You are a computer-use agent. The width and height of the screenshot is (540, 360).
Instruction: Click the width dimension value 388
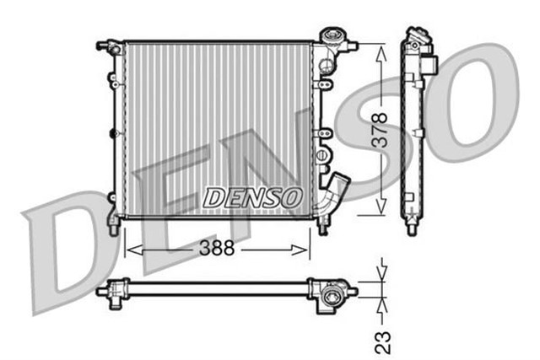[x=218, y=250]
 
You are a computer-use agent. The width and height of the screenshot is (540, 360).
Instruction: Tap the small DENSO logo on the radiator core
[x=252, y=197]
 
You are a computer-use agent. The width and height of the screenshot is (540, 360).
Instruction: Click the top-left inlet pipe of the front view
[x=105, y=44]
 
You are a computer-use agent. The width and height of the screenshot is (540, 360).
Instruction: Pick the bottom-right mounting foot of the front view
[x=322, y=223]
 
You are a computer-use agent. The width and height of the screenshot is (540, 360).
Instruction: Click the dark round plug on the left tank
[x=113, y=132]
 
